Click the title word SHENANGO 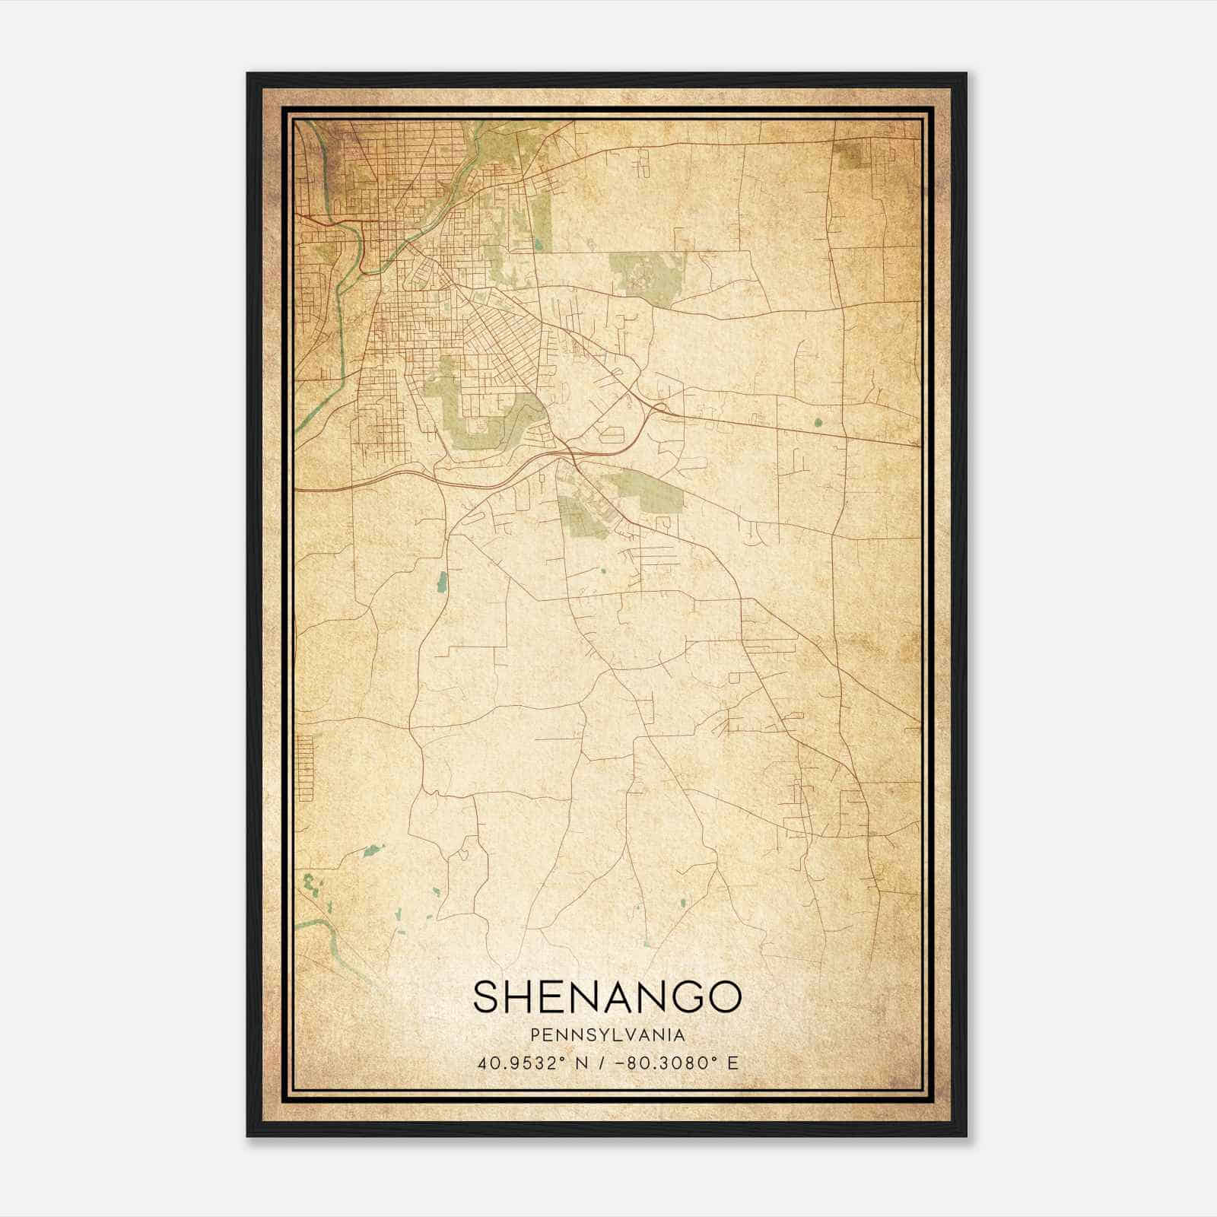[x=606, y=996]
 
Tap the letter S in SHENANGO [x=488, y=996]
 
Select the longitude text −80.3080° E [x=680, y=1063]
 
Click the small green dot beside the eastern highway [x=818, y=422]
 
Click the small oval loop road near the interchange [x=612, y=435]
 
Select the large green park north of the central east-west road [x=647, y=274]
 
